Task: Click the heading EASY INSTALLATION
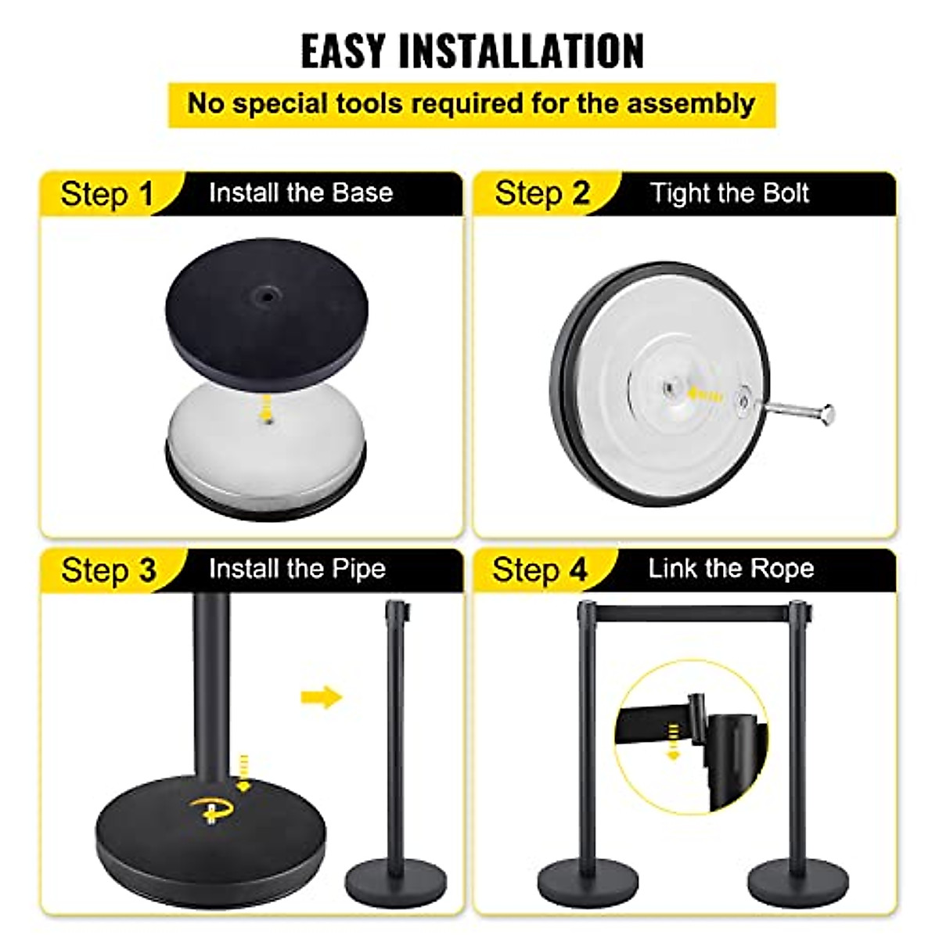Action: [472, 51]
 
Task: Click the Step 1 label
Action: [107, 194]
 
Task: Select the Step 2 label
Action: [541, 193]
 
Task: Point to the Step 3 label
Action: [108, 570]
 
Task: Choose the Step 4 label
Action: [539, 570]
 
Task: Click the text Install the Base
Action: [300, 193]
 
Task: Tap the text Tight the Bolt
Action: [729, 193]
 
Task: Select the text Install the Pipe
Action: [297, 569]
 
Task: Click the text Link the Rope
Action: [730, 569]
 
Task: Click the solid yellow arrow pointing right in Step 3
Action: [321, 696]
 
